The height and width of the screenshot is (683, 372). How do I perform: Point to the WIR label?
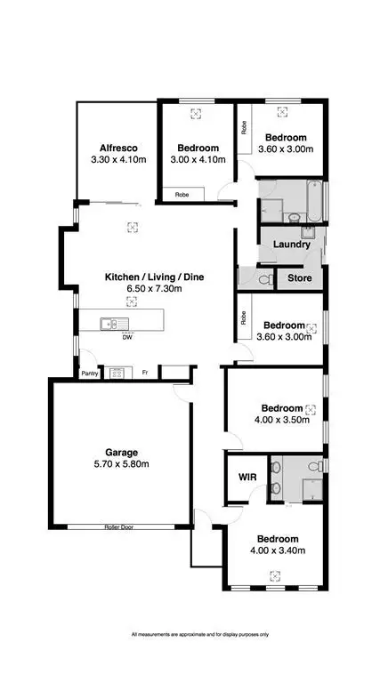pyautogui.click(x=247, y=478)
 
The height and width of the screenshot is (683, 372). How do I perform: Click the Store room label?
pyautogui.click(x=298, y=278)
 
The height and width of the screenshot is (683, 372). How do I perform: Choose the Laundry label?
pyautogui.click(x=291, y=245)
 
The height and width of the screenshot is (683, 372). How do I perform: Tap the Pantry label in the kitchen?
pyautogui.click(x=89, y=374)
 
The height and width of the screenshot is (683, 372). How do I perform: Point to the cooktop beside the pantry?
pyautogui.click(x=117, y=374)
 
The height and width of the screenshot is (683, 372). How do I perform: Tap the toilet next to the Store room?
pyautogui.click(x=263, y=278)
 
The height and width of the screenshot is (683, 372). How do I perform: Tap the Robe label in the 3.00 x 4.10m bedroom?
pyautogui.click(x=181, y=193)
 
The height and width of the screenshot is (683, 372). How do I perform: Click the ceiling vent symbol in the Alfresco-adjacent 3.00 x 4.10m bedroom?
pyautogui.click(x=197, y=113)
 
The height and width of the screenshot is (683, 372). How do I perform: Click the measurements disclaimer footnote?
pyautogui.click(x=186, y=634)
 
